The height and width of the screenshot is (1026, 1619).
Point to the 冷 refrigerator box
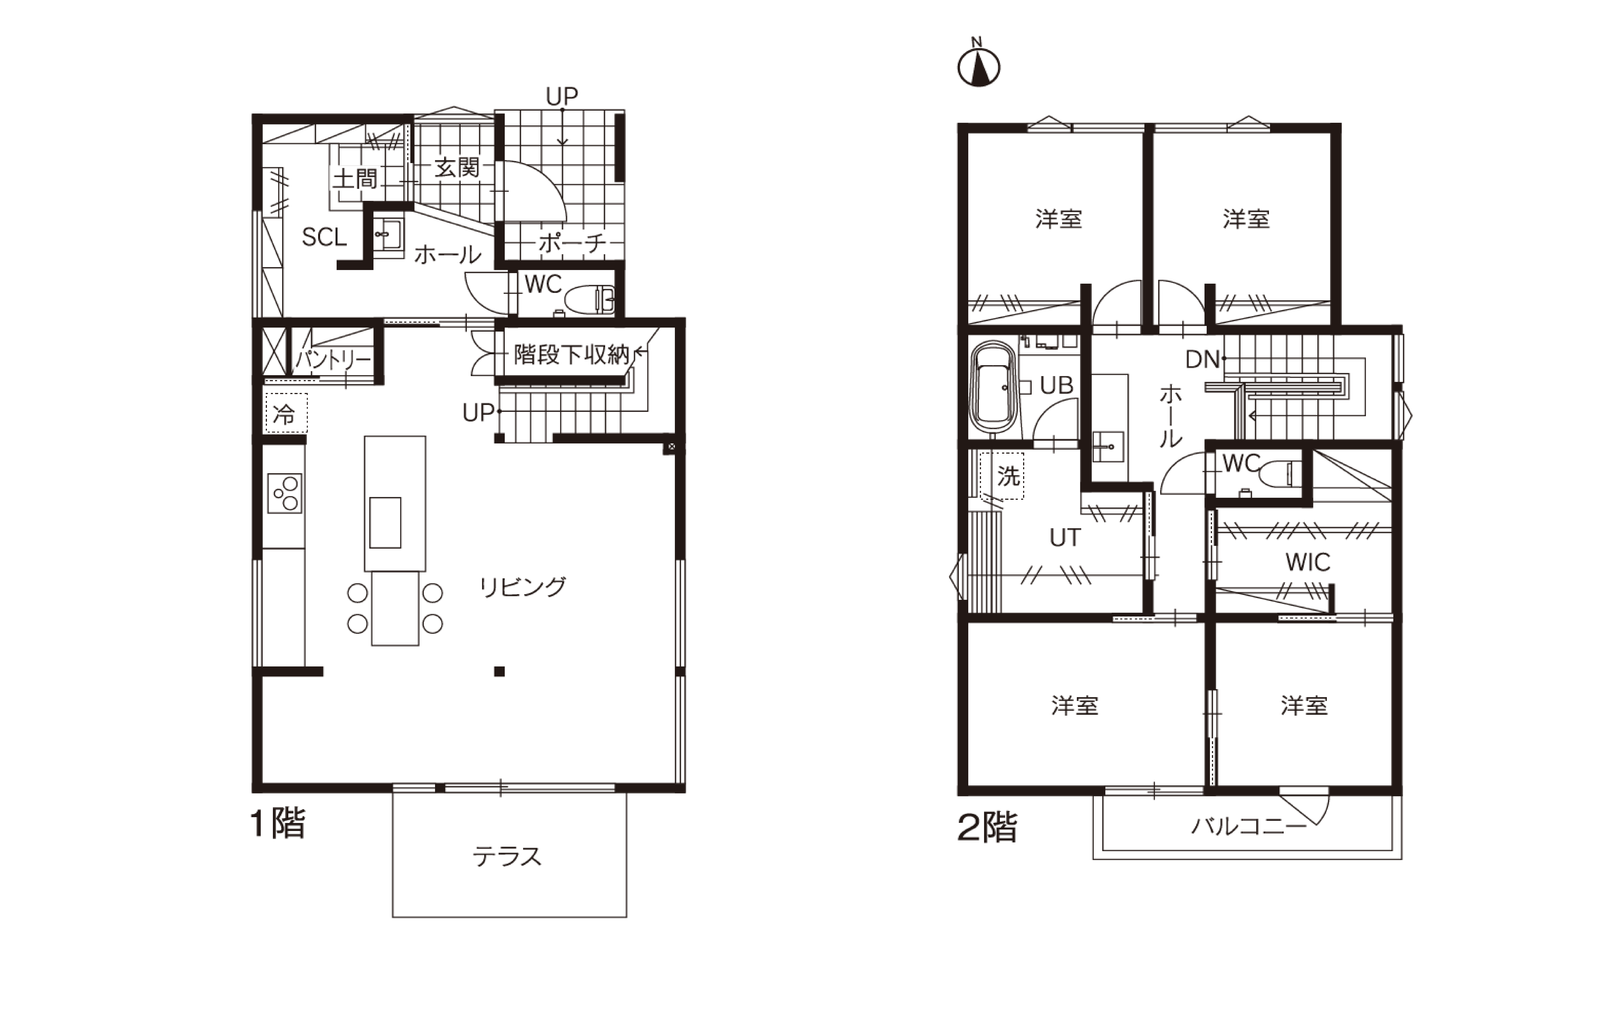287,413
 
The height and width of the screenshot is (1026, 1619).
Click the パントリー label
333,360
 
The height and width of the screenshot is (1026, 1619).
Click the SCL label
324,237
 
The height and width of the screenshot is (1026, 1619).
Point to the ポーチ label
572,243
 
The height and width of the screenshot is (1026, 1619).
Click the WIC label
1308,562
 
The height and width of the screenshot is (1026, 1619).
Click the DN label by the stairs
1203,360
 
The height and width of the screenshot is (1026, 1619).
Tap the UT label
1065,537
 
